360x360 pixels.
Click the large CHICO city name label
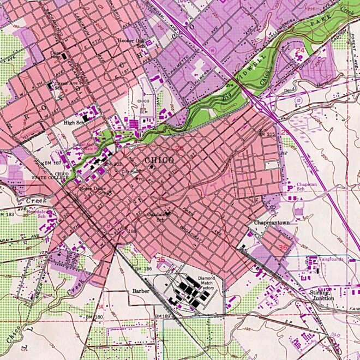pyautogui.click(x=159, y=160)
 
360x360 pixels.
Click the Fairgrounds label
pyautogui.click(x=331, y=259)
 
